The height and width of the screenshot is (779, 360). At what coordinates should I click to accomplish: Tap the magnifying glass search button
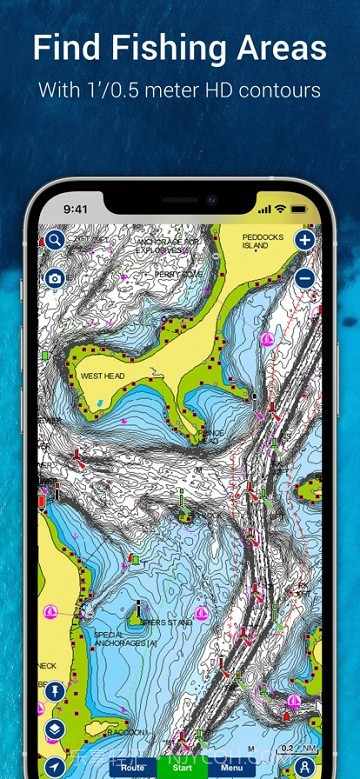pyautogui.click(x=54, y=241)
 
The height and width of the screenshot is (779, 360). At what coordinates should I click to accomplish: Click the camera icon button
pyautogui.click(x=54, y=278)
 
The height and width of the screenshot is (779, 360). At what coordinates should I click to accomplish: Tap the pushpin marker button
pyautogui.click(x=54, y=691)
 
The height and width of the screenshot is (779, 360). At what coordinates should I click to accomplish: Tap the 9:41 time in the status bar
pyautogui.click(x=77, y=210)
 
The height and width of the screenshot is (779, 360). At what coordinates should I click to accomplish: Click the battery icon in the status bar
pyautogui.click(x=298, y=210)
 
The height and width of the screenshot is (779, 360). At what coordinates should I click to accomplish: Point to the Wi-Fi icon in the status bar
pyautogui.click(x=280, y=210)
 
